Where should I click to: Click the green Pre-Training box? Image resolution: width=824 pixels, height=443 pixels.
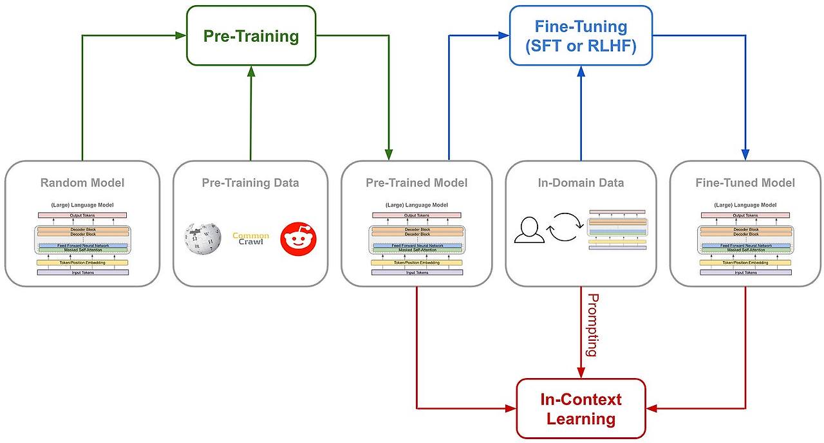251,36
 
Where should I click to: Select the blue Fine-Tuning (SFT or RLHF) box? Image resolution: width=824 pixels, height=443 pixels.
581,36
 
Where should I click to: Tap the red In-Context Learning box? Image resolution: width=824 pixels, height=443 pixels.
581,409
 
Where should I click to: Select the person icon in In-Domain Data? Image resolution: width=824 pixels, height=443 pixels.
529,231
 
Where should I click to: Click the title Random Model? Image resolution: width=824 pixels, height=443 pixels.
82,183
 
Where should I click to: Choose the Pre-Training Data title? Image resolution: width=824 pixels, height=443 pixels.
250,183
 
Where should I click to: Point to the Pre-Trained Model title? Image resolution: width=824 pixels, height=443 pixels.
417,183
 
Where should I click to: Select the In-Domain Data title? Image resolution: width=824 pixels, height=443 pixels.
581,183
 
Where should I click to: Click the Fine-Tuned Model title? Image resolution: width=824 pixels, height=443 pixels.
745,183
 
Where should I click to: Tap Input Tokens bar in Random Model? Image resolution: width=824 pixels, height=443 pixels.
82,273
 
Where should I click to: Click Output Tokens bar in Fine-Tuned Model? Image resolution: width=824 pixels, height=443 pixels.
745,215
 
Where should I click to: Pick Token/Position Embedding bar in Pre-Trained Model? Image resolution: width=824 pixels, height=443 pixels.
417,262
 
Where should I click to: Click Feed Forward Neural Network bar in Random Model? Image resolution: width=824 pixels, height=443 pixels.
82,246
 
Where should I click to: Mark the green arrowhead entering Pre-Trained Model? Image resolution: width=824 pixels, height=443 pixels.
389,155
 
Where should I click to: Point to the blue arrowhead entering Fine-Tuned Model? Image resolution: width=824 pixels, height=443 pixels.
745,155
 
